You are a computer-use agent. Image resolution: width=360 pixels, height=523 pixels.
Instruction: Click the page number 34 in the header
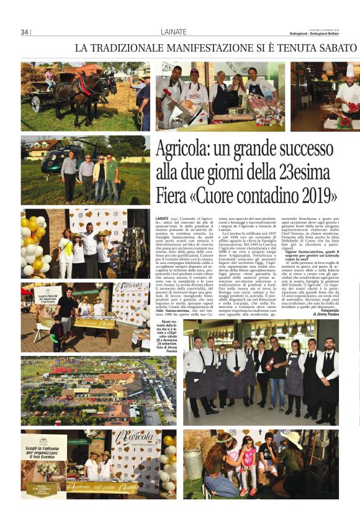25,32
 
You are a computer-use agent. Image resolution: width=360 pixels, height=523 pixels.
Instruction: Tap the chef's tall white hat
350,70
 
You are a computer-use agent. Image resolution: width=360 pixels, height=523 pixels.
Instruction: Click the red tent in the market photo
26,291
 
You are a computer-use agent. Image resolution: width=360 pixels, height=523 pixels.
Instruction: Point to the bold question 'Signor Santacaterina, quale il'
311,252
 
